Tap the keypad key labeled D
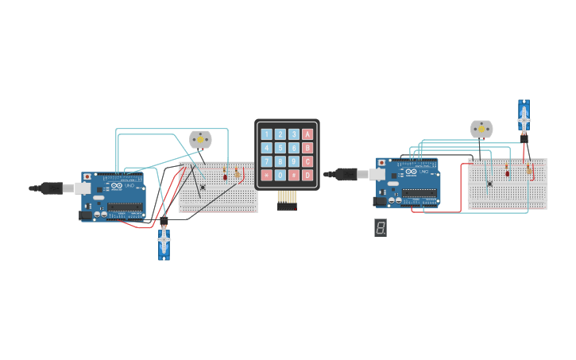pos(307,175)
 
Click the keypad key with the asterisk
pos(267,175)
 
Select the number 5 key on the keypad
pos(280,148)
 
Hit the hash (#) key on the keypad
pos(294,175)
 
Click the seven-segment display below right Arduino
pos(381,228)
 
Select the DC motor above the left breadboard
pos(200,140)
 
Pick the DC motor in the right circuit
pos(481,129)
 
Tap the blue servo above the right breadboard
pos(524,115)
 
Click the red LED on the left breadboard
pos(225,176)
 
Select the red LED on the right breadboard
pos(507,172)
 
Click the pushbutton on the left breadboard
pos(203,188)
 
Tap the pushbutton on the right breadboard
pos(489,184)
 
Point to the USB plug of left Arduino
pos(54,188)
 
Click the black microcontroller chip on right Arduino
pos(419,192)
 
